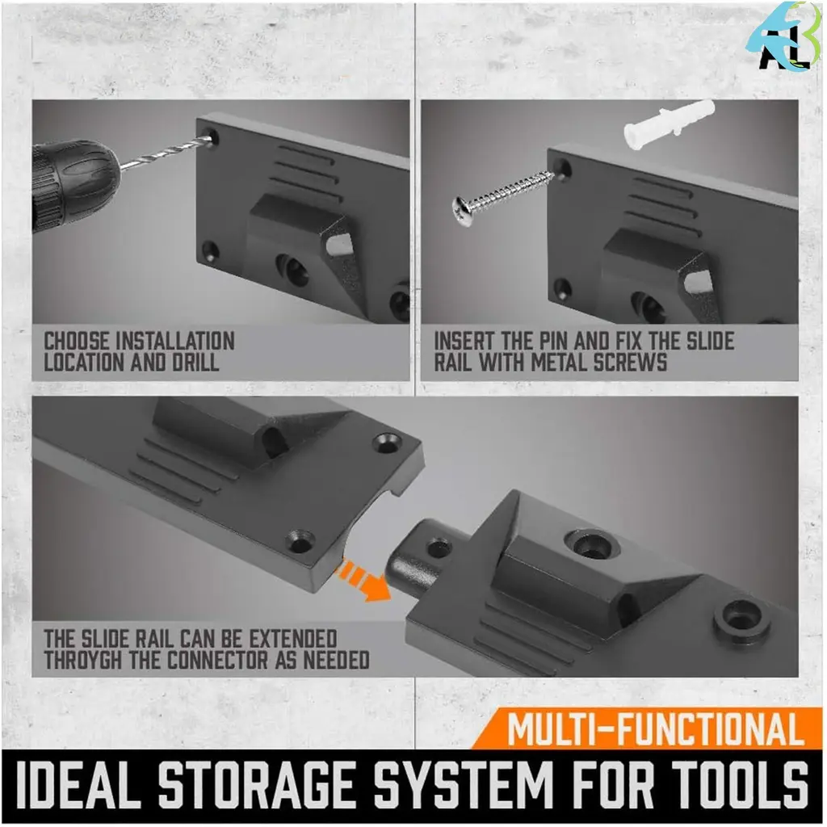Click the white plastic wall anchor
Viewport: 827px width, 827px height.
(669, 124)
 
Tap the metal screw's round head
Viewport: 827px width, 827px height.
(463, 211)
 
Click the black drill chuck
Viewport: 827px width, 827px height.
(73, 182)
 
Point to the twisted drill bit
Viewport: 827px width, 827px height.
(166, 152)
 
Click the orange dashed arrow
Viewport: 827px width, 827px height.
(364, 579)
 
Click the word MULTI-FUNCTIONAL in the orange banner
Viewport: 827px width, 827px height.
(655, 730)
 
